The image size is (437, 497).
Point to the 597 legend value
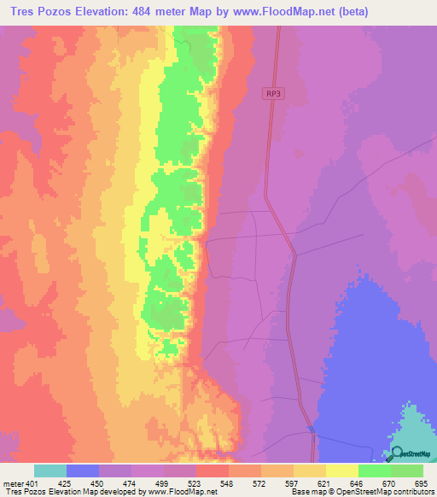pyautogui.click(x=292, y=483)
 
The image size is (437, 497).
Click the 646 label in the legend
pyautogui.click(x=356, y=483)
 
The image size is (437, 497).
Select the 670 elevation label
pyautogui.click(x=388, y=483)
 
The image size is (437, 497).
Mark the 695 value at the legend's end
pyautogui.click(x=419, y=483)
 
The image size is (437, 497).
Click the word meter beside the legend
pyautogui.click(x=15, y=483)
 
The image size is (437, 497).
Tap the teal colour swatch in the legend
pyautogui.click(x=50, y=471)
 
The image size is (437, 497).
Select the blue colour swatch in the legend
pyautogui.click(x=83, y=471)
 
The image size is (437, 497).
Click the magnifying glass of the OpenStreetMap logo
pyautogui.click(x=393, y=454)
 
